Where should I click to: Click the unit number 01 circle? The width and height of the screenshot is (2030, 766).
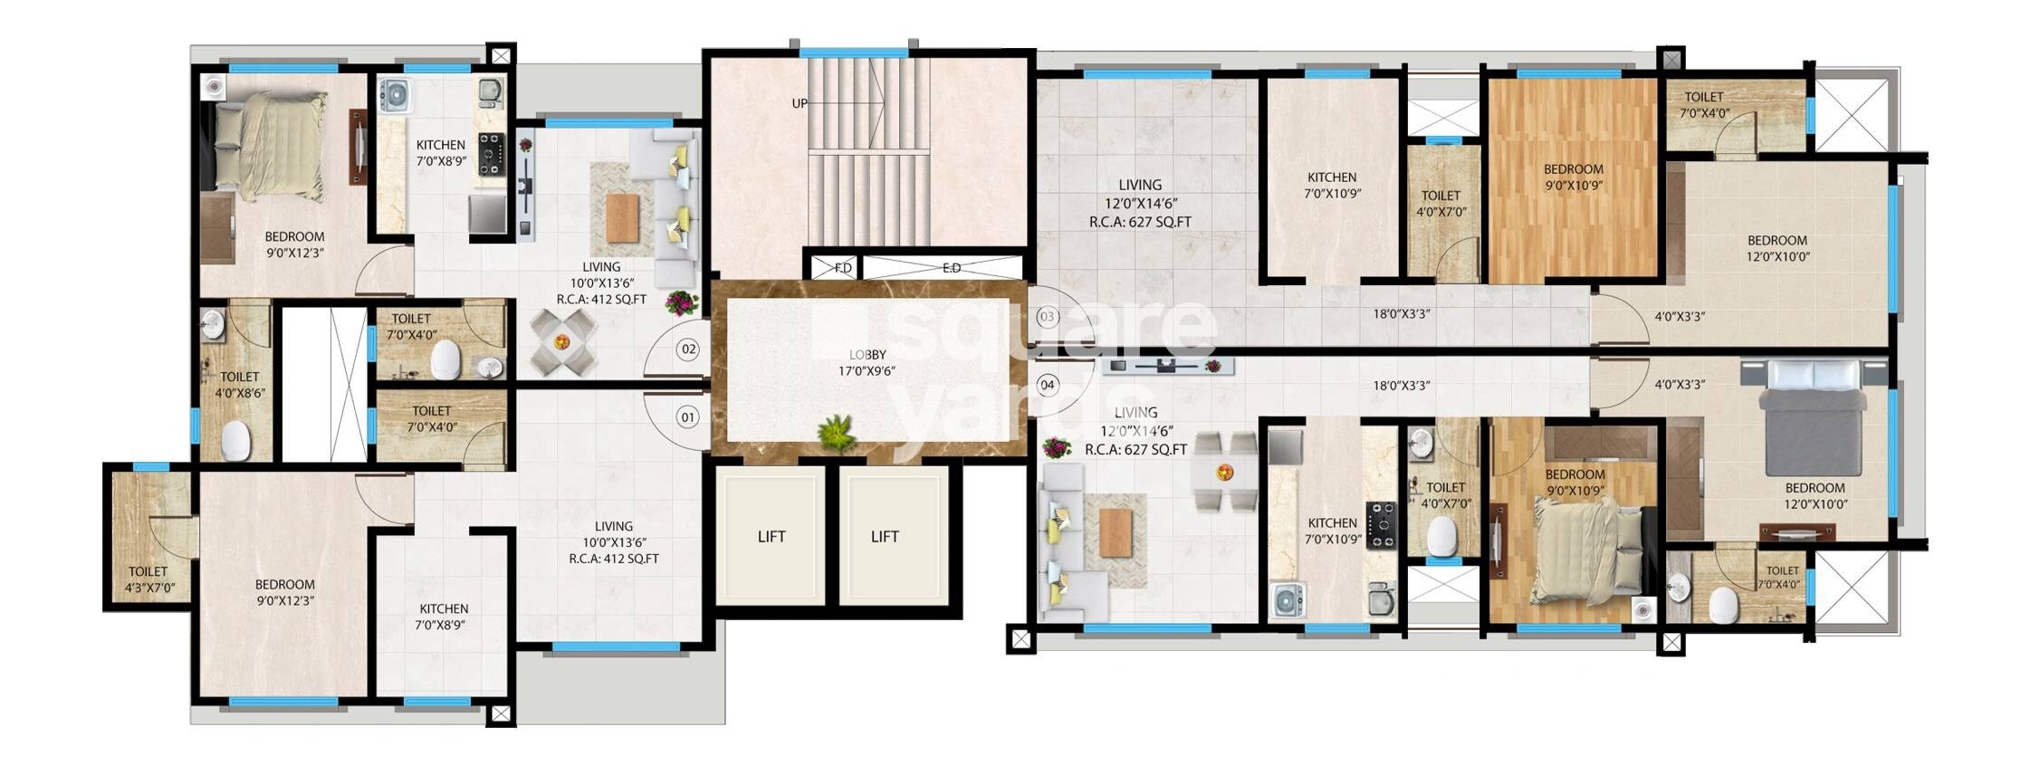(688, 417)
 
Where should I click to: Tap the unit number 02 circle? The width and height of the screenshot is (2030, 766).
(689, 349)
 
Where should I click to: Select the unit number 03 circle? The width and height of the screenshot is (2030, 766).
(1047, 317)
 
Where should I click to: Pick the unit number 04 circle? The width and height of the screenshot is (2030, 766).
(1047, 385)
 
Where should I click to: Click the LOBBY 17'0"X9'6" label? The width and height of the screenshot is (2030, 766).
(867, 362)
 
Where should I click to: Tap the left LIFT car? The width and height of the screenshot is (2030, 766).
(771, 536)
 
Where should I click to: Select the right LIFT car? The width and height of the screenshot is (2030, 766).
(885, 536)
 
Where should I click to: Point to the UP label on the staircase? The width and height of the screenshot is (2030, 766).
(800, 103)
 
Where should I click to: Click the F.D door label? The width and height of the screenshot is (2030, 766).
(842, 268)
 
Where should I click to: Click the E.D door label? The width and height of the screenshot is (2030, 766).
(951, 268)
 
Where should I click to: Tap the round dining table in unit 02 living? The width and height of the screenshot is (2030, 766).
(561, 341)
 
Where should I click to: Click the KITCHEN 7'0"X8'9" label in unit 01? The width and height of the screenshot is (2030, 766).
(443, 617)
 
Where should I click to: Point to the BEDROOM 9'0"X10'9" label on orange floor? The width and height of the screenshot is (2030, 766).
(1573, 177)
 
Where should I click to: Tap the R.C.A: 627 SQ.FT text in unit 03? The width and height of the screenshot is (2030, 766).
(1139, 221)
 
